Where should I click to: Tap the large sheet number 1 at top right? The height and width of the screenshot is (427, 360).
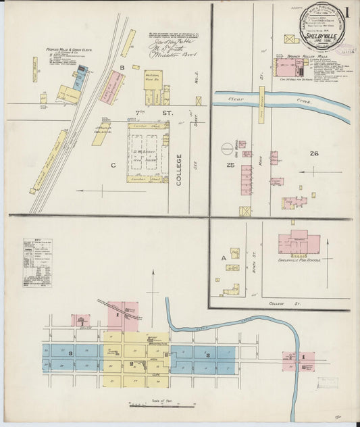(x=346, y=13)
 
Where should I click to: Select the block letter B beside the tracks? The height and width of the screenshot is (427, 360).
(x=122, y=68)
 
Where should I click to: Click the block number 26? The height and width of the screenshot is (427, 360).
(x=313, y=153)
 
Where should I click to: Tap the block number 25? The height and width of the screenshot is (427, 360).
(x=230, y=165)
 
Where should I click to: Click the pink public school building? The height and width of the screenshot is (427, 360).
(x=297, y=241)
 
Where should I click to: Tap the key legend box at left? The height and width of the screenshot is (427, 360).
(x=37, y=263)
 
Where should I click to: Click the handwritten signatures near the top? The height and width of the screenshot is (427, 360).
(x=171, y=47)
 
